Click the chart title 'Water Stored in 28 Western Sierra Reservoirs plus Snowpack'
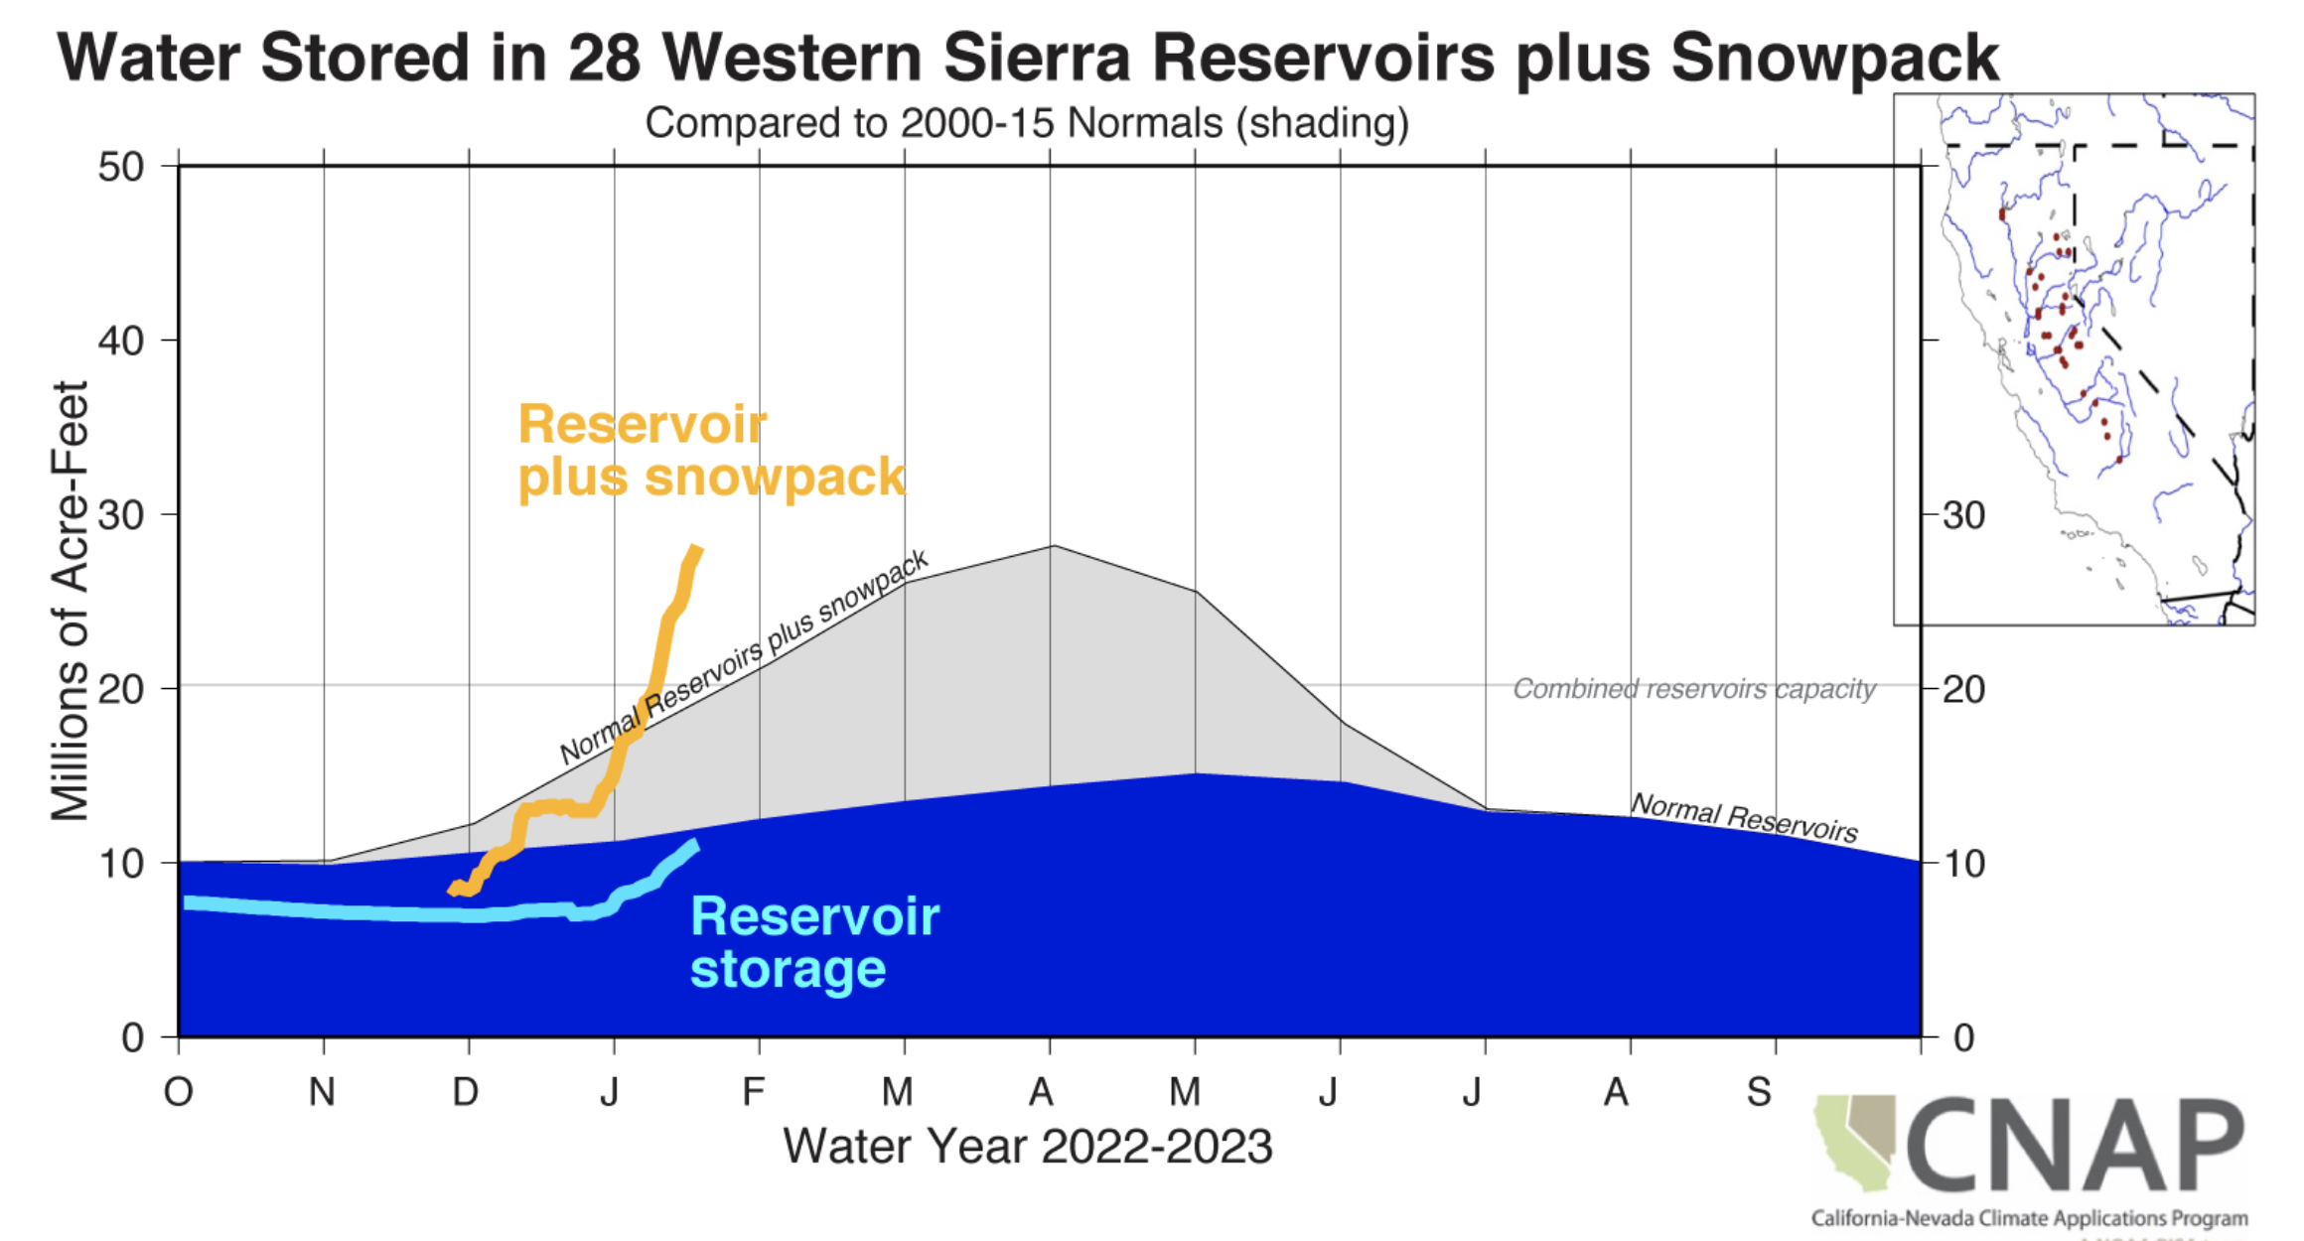(x=1028, y=58)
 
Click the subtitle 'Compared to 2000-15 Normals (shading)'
(x=1027, y=124)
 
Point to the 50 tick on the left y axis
(x=121, y=167)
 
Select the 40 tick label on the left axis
(x=121, y=341)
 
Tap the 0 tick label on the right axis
(x=1963, y=1038)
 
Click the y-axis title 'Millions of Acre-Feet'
(x=70, y=601)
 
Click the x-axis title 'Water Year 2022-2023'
(x=1027, y=1147)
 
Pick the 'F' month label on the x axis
(x=754, y=1092)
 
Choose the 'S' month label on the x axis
(x=1759, y=1092)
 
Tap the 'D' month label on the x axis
(x=466, y=1092)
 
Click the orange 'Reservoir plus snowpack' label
(x=710, y=451)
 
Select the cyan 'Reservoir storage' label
(x=814, y=942)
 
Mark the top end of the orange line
(x=697, y=549)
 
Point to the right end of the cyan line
(x=694, y=845)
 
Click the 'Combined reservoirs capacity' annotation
(x=1693, y=689)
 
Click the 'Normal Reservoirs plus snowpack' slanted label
(x=744, y=657)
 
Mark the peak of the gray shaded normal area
(x=1052, y=546)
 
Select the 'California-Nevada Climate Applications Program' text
(x=2029, y=1218)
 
